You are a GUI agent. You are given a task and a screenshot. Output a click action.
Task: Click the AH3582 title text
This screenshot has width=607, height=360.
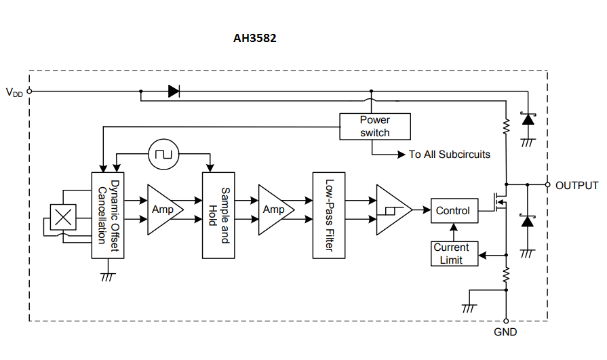(254, 39)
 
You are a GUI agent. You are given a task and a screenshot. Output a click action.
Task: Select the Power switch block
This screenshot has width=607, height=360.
(374, 126)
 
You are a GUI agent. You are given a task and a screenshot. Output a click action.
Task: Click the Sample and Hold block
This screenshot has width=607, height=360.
(218, 215)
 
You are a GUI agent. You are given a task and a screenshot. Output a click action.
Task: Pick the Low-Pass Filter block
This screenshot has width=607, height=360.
(329, 215)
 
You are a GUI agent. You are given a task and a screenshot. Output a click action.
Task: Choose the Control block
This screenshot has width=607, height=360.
(452, 210)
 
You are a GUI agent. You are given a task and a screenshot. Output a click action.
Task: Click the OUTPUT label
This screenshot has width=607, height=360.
(576, 185)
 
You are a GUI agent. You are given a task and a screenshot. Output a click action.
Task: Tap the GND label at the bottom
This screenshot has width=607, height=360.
(505, 332)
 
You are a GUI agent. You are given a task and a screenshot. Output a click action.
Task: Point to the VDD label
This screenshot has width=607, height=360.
(14, 92)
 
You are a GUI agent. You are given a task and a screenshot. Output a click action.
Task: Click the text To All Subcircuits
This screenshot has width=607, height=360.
(449, 155)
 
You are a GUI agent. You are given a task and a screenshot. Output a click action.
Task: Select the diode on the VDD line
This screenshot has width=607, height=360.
(174, 91)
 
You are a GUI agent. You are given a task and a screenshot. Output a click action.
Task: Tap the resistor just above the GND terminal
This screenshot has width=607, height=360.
(506, 275)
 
